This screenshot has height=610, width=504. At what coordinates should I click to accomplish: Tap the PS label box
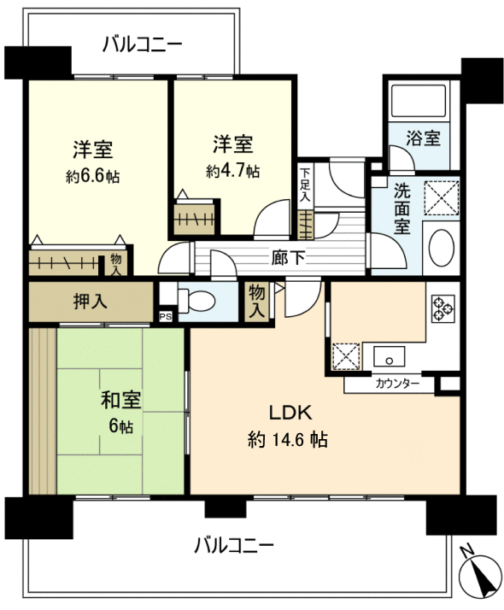(x=165, y=316)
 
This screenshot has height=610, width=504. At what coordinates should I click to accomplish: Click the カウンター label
(x=397, y=384)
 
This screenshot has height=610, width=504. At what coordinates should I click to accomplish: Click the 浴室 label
(x=423, y=137)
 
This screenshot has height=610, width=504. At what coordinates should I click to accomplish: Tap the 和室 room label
(x=120, y=400)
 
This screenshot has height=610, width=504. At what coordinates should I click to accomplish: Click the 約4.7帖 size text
(x=232, y=171)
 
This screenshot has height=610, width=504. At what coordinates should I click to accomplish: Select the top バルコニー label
(x=141, y=44)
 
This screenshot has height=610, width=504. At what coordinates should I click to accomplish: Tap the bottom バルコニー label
(x=233, y=543)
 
